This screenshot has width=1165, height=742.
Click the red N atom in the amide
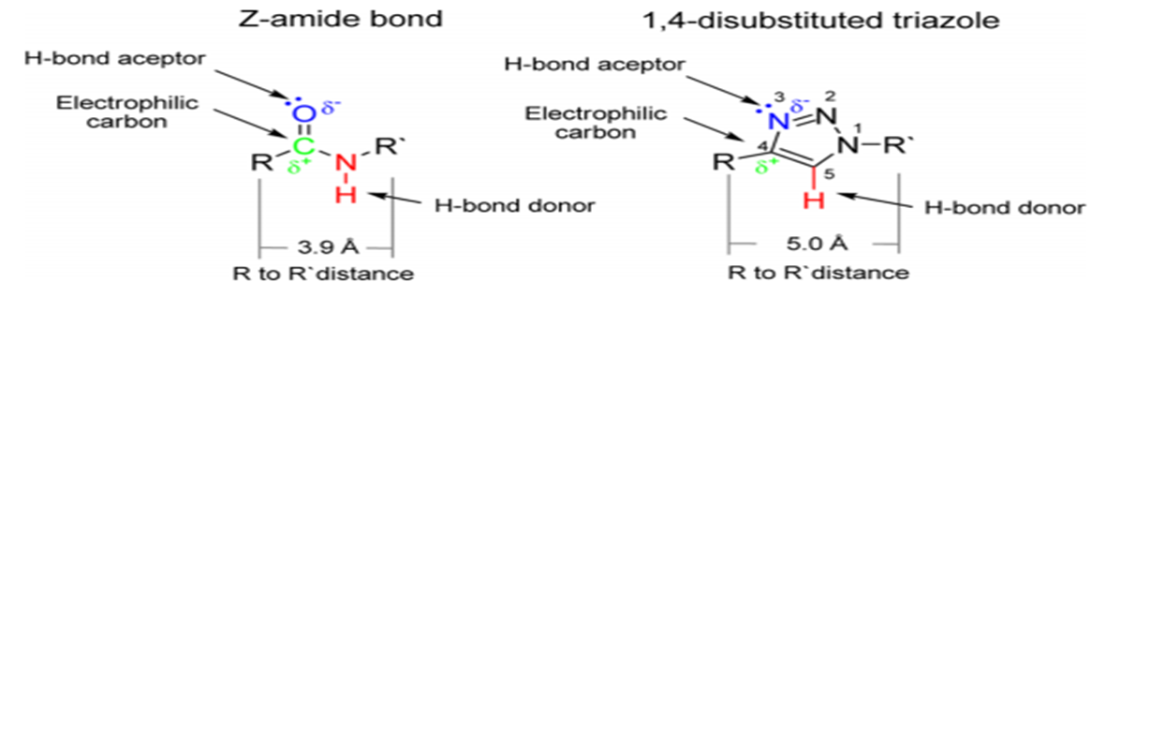pos(346,163)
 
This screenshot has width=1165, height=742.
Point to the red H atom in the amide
pos(346,195)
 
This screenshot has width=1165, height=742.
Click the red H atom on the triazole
pos(816,200)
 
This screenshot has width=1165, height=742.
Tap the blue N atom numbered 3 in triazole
pos(775,120)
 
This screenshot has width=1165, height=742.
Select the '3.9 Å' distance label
pos(328,248)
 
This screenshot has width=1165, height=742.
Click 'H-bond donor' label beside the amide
pos(514,205)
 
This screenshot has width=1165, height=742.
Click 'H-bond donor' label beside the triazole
pos(1005,207)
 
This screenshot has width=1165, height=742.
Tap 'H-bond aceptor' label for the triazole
pos(595,64)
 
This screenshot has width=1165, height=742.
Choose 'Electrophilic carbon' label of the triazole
pos(596,122)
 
